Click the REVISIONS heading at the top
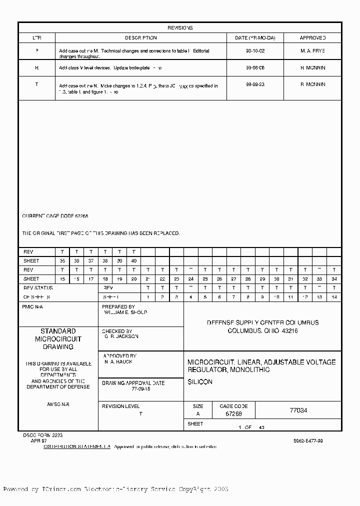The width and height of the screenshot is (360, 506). coord(180,28)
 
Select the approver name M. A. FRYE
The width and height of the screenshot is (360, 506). coord(313,51)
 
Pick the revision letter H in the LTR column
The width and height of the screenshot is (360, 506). coord(36,67)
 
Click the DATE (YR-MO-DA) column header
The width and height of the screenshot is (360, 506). coord(258,38)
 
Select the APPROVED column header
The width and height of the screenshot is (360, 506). coord(313,38)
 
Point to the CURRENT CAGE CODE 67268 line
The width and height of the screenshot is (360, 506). coord(55,216)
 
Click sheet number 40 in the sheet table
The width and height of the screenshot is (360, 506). coord(133,261)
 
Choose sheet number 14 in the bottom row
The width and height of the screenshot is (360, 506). coord(334,297)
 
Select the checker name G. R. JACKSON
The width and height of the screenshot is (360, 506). coord(121,336)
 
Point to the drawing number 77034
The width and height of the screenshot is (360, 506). coord(298,410)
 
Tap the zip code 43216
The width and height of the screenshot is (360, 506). coord(289,331)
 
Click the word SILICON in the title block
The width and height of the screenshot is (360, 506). coord(200,382)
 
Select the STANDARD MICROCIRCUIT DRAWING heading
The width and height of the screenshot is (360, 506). coord(58,339)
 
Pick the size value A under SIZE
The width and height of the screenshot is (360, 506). coord(198,414)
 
